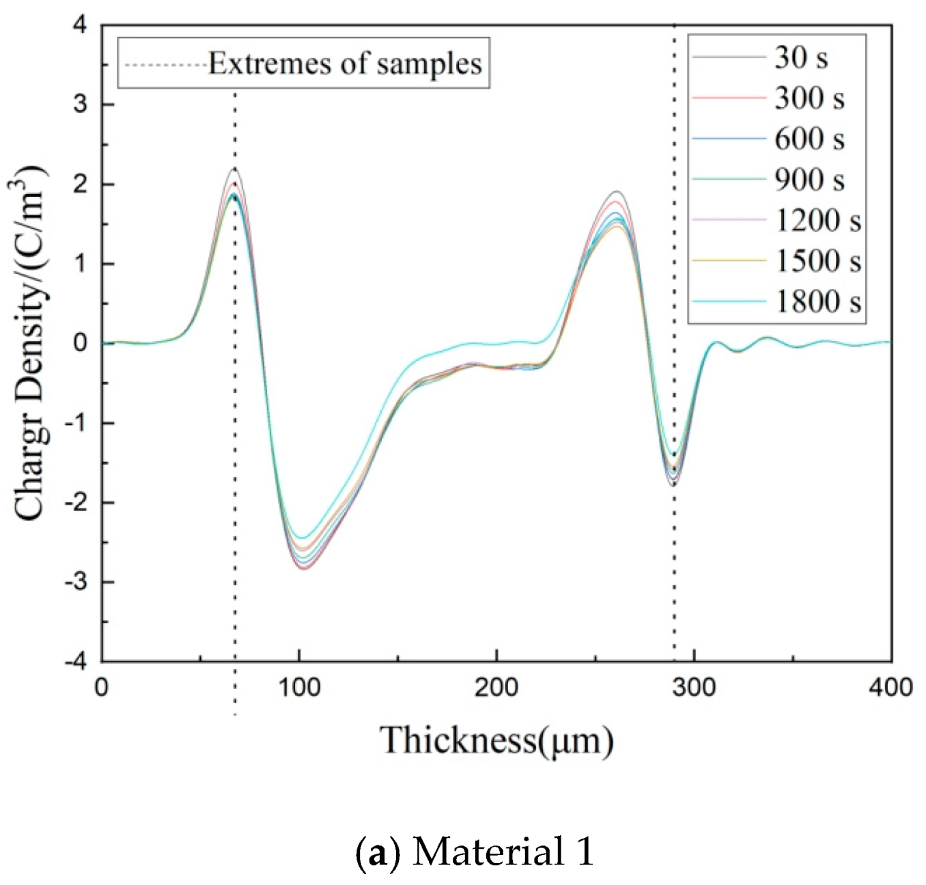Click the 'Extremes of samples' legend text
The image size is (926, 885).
coord(345,64)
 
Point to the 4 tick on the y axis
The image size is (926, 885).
coord(81,26)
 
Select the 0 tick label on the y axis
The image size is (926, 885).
coord(81,343)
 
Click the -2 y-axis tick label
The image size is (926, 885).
coord(76,503)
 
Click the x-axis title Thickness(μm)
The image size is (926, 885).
coord(496,740)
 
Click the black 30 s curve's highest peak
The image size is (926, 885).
coord(235,168)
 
